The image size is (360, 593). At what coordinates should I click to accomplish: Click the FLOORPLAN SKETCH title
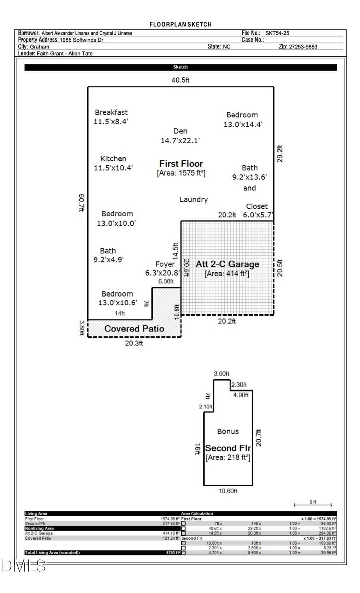pyautogui.click(x=180, y=24)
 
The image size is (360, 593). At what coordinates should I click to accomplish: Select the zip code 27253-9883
pyautogui.click(x=298, y=47)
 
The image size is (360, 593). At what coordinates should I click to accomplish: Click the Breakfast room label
pyautogui.click(x=111, y=113)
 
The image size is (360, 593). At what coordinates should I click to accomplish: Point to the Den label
pyautogui.click(x=180, y=131)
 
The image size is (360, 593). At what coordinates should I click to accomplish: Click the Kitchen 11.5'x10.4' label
pyautogui.click(x=113, y=163)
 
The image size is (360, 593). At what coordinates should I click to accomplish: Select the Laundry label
pyautogui.click(x=194, y=200)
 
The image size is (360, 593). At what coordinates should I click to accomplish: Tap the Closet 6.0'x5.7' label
pyautogui.click(x=257, y=211)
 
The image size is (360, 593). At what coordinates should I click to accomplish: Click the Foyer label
pyautogui.click(x=165, y=264)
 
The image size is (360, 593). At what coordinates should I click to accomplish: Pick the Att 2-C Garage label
pyautogui.click(x=227, y=264)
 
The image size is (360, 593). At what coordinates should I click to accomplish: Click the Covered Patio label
pyautogui.click(x=134, y=329)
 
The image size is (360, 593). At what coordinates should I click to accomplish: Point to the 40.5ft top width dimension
pyautogui.click(x=180, y=80)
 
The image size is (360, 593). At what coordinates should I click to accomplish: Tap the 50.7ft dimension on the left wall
pyautogui.click(x=82, y=203)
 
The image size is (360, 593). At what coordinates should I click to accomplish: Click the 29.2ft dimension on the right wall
pyautogui.click(x=280, y=154)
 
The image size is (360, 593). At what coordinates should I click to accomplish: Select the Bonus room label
pyautogui.click(x=228, y=431)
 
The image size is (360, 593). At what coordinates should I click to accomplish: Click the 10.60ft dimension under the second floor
pyautogui.click(x=228, y=491)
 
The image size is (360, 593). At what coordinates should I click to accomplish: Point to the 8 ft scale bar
pyautogui.click(x=313, y=504)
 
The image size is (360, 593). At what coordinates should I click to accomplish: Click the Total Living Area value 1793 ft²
pyautogui.click(x=173, y=553)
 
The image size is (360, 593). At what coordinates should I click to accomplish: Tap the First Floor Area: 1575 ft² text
pyautogui.click(x=181, y=173)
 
